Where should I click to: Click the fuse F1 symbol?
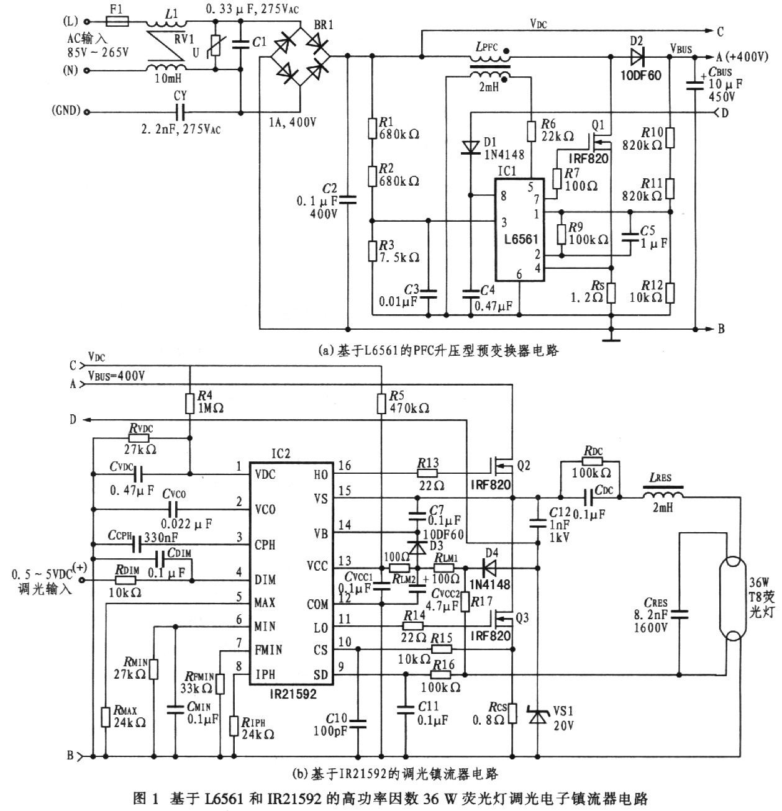click(117, 22)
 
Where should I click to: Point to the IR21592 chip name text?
click(281, 694)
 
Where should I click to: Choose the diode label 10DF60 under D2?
click(640, 75)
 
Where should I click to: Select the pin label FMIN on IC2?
click(269, 650)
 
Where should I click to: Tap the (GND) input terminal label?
click(66, 111)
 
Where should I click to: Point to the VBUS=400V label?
click(117, 375)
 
